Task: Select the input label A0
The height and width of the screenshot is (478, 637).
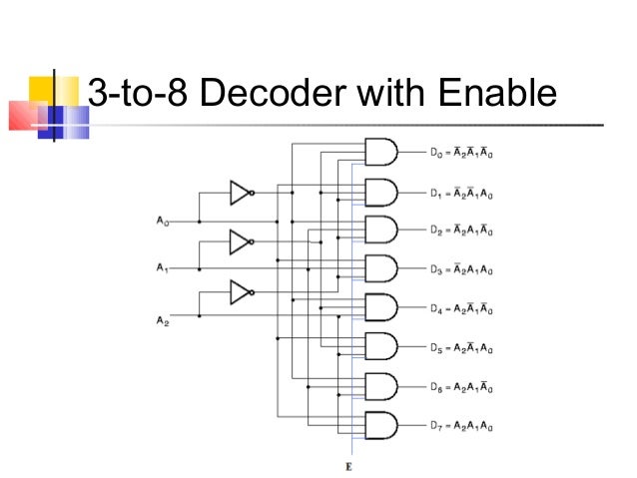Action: coord(163,222)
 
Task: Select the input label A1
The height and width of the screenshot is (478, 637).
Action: coord(163,268)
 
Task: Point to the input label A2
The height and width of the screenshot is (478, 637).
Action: coord(163,319)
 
